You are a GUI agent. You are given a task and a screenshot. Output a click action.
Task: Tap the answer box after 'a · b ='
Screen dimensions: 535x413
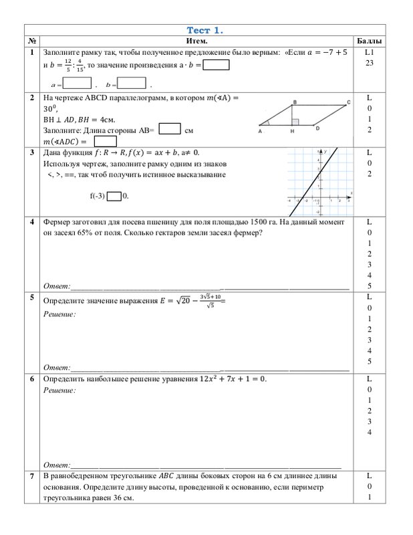[x=216, y=66]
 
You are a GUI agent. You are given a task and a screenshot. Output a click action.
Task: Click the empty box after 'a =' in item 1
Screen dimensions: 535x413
[x=77, y=84]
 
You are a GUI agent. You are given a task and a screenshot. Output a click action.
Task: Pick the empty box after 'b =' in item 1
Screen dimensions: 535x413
[x=132, y=84]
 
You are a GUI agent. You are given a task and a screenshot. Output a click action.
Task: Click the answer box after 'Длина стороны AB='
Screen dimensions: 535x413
[x=170, y=129]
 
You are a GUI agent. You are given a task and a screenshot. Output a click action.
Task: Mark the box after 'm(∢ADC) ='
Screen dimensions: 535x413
[x=106, y=142]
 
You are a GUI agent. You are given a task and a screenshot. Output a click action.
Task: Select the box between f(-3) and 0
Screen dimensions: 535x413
[x=114, y=197]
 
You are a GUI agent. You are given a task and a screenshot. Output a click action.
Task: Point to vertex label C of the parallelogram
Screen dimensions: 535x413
[x=348, y=102]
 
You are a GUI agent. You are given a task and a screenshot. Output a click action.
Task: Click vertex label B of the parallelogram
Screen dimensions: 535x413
[x=295, y=102]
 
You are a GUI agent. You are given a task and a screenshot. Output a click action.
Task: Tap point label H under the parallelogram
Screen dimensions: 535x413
[x=292, y=132]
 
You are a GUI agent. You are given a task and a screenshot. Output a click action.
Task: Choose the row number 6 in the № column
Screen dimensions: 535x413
[x=32, y=379]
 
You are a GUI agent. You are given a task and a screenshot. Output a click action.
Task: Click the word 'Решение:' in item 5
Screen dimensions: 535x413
[x=59, y=313]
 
